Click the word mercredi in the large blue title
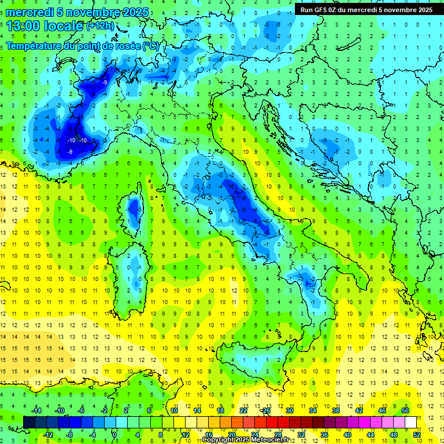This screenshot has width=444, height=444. coord(31,12)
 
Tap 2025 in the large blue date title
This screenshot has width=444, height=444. coord(134,12)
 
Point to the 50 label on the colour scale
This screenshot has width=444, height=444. coord(405,410)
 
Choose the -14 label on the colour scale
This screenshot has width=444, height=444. coord(36,410)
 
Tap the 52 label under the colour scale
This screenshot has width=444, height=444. coord(416,434)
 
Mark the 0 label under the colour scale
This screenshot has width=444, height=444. coord(114,434)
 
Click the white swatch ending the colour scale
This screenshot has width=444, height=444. coord(410,422)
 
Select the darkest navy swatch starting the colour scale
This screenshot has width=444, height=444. coord(29,422)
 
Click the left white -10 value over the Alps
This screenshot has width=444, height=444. coord(72,140)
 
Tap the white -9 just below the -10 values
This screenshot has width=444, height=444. coord(70,151)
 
